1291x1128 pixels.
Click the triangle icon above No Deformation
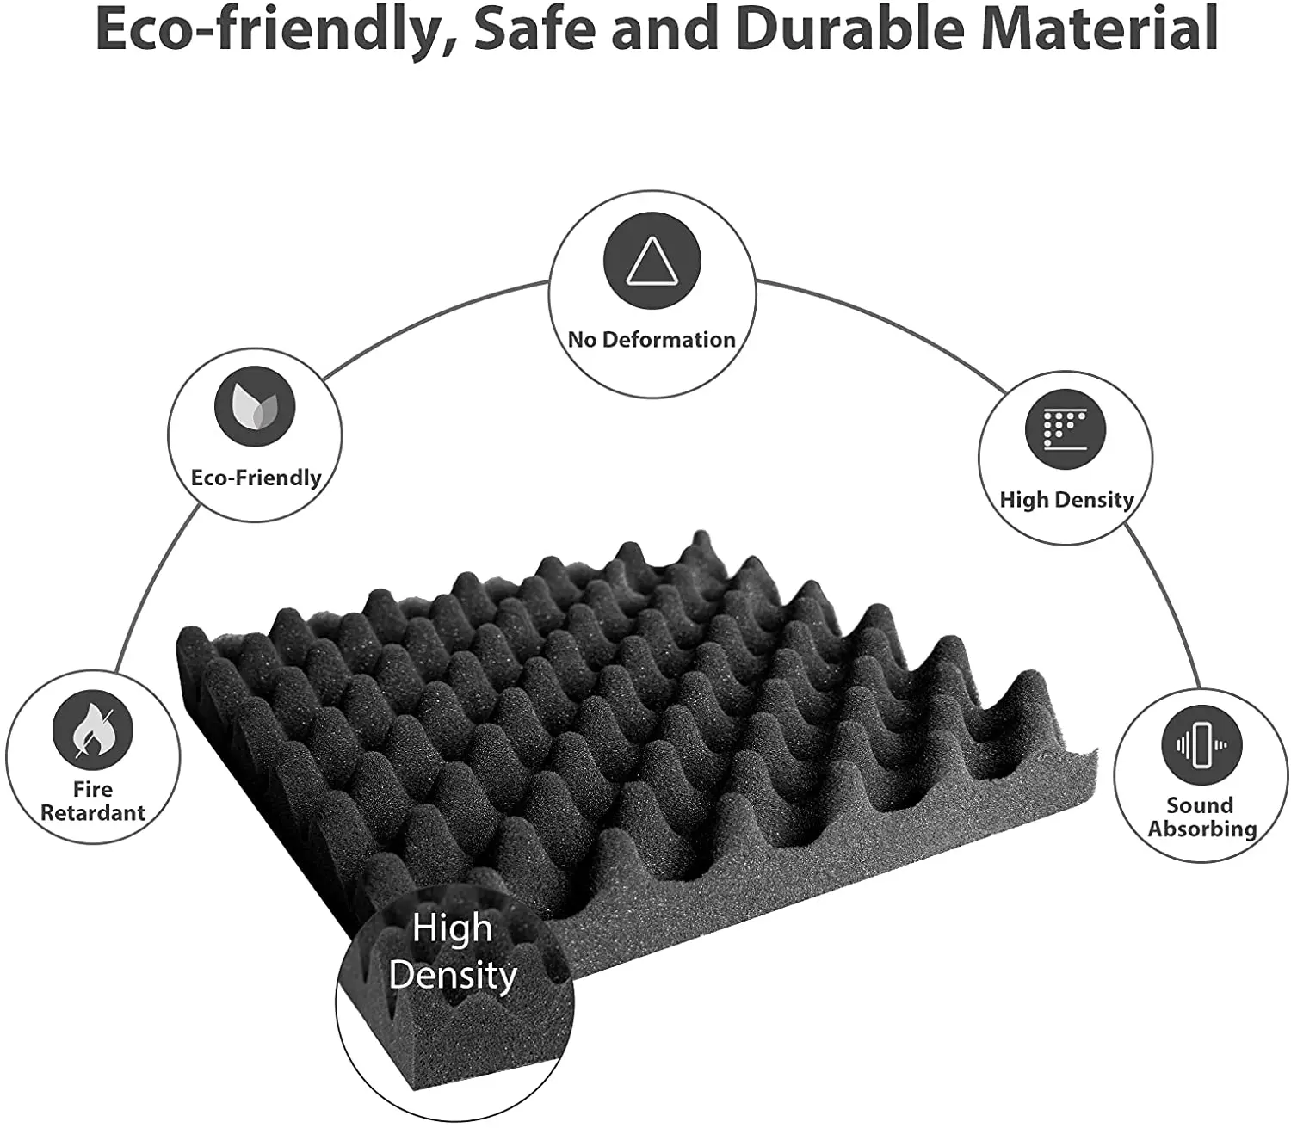point(652,262)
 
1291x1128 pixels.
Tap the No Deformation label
point(652,340)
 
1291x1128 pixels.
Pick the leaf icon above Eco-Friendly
point(255,405)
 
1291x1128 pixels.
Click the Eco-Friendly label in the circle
point(256,478)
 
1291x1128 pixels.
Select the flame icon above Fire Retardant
point(92,730)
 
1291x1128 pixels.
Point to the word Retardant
point(93,813)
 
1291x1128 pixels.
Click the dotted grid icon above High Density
point(1066,428)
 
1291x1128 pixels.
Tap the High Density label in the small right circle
point(1066,500)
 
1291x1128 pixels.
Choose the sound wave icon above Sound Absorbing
point(1201,745)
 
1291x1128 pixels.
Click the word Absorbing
point(1202,829)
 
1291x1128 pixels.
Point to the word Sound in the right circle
point(1200,805)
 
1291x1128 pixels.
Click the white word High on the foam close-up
point(452,928)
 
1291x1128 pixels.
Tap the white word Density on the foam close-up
point(453,976)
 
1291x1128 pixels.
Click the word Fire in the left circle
point(93,789)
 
